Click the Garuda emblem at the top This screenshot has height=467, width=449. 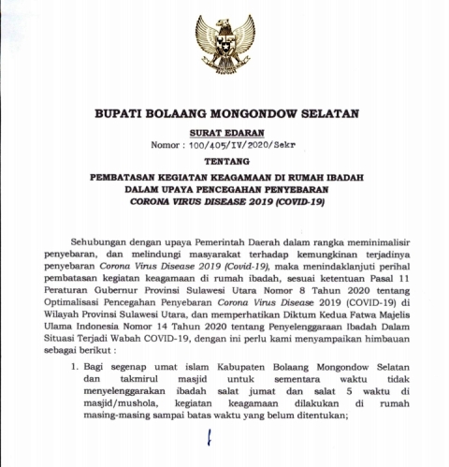pos(224,44)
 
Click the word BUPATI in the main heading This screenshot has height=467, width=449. pos(121,113)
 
